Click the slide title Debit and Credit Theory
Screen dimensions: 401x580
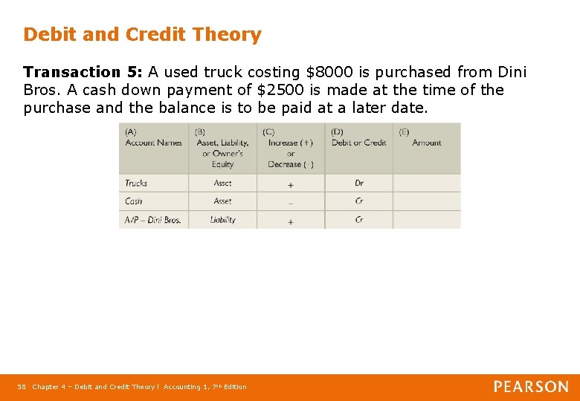[142, 35]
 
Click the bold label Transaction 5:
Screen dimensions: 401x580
[83, 73]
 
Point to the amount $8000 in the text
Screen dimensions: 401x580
[325, 73]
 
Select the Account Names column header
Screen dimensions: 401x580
[153, 143]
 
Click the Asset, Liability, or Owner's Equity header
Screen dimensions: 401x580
[222, 149]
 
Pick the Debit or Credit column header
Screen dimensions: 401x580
[358, 143]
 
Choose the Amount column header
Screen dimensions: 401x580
[426, 143]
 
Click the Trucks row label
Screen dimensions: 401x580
[136, 183]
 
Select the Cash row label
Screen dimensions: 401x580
[134, 201]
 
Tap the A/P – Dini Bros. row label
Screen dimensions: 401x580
[152, 220]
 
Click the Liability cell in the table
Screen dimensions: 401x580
[222, 220]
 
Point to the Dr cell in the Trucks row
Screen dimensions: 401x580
[359, 183]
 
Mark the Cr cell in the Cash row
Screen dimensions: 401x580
[359, 201]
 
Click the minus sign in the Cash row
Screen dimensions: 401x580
[290, 202]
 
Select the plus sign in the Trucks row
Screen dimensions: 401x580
[290, 184]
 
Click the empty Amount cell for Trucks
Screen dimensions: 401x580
[426, 183]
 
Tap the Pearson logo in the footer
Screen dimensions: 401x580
[531, 386]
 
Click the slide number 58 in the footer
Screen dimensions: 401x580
[22, 387]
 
